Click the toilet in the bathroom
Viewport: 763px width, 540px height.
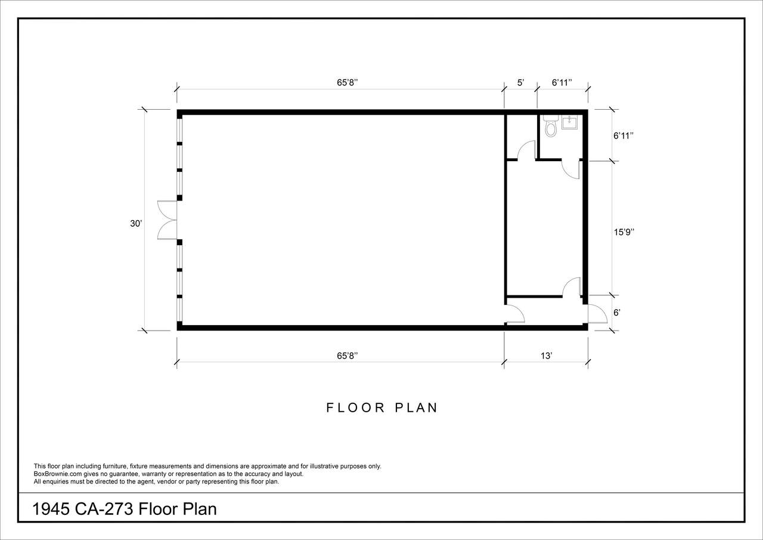tap(550, 126)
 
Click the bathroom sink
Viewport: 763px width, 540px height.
tap(569, 122)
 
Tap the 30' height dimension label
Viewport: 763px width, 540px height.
tap(136, 224)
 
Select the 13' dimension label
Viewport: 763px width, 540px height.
tap(546, 356)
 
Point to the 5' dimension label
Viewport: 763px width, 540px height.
tap(520, 82)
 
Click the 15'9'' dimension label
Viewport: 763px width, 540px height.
tap(624, 232)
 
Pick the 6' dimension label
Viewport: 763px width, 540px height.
tap(617, 313)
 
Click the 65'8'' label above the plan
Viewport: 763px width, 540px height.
tap(347, 82)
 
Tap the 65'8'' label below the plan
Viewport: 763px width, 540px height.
tap(347, 356)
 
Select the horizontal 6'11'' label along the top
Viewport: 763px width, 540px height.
tap(562, 82)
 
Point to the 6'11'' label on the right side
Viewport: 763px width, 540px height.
tap(624, 135)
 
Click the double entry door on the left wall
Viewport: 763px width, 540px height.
tap(168, 220)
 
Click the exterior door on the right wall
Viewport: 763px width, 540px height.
tap(597, 314)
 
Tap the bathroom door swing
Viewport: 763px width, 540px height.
tap(570, 169)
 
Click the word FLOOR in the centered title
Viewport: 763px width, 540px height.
tap(356, 408)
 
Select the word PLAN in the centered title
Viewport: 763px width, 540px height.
tap(416, 408)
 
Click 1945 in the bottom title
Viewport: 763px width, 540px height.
tap(51, 510)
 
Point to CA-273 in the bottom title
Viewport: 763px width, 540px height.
tap(104, 510)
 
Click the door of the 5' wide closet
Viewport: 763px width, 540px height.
tap(526, 150)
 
